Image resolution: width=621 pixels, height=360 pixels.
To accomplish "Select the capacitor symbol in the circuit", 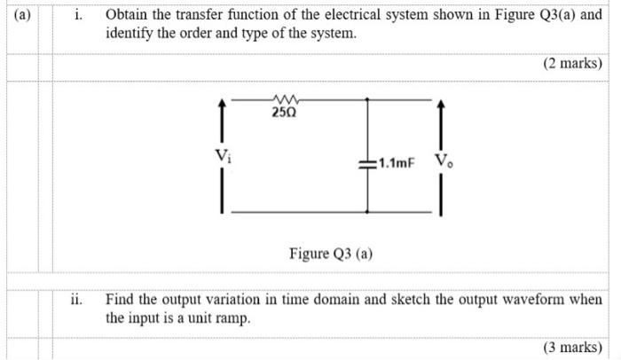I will (x=367, y=164).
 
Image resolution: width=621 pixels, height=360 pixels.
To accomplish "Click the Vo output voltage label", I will (x=441, y=162).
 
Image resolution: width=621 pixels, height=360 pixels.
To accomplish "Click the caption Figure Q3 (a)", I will (x=331, y=254).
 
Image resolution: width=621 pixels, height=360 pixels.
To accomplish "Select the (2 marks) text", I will (x=572, y=65).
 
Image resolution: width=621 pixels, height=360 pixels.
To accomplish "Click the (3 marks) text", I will (x=572, y=347).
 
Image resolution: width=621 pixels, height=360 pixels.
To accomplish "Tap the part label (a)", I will (x=18, y=15).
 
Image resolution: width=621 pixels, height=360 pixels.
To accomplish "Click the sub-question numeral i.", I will (x=78, y=15).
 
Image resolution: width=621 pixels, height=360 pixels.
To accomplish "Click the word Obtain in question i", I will (x=127, y=15).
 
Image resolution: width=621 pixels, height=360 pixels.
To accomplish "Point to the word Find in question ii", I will (x=120, y=300).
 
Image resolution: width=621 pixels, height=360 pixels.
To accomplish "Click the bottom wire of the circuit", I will (x=293, y=211).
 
